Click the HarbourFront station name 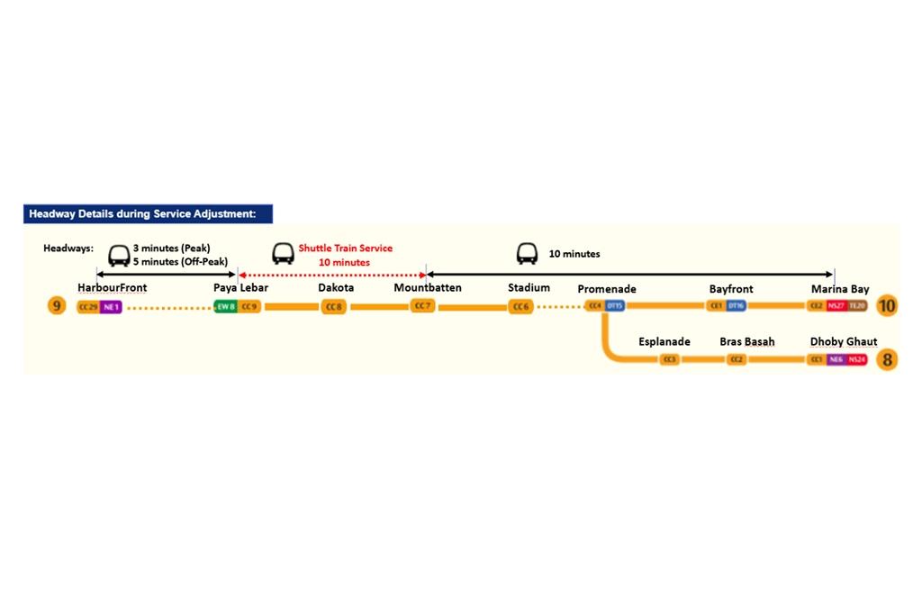pos(112,288)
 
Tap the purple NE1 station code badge pos(111,307)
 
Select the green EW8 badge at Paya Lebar pos(226,307)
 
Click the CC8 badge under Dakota pos(334,307)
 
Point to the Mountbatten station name pos(428,288)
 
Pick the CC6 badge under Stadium pos(521,307)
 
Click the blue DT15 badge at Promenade pos(615,306)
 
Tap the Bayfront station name pos(731,289)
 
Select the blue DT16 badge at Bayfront pos(736,306)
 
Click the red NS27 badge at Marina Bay pos(836,306)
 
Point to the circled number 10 pos(887,306)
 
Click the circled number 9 pos(57,306)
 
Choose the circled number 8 pos(888,360)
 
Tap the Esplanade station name pos(664,342)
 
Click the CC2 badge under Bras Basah pos(737,360)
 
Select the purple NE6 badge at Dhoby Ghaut pos(836,360)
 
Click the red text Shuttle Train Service pos(346,249)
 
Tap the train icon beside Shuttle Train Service pos(283,254)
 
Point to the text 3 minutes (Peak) pos(171,248)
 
